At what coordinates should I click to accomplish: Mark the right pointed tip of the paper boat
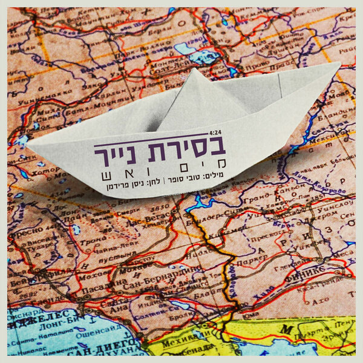click(339, 64)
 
